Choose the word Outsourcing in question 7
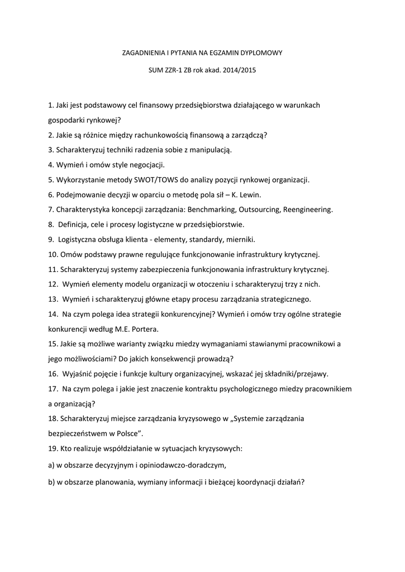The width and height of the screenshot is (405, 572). (260, 210)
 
